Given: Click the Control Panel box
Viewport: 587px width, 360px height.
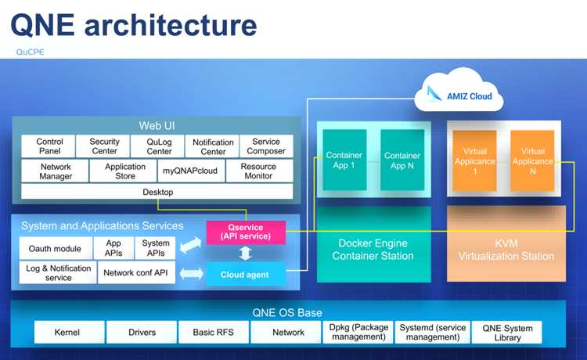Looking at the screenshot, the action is [x=49, y=146].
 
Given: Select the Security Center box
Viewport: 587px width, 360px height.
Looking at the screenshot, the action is [x=103, y=146].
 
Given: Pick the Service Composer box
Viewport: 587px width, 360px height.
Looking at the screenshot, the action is [x=266, y=146].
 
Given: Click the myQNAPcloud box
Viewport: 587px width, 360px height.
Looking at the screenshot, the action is [x=191, y=171].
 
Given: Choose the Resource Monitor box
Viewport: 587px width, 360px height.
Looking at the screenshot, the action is [x=259, y=171].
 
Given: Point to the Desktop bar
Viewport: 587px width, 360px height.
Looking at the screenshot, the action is [x=157, y=192].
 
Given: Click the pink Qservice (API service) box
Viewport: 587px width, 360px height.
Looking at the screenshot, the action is [x=246, y=232].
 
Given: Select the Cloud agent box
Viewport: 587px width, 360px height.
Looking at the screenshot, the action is [x=246, y=274].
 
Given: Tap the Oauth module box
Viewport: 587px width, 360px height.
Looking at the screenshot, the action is [x=56, y=248].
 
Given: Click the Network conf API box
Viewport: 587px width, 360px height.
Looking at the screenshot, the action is [x=136, y=272].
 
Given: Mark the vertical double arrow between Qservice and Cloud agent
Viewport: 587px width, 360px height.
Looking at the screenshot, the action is [x=246, y=253].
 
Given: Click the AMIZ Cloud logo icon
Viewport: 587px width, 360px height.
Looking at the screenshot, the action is [x=434, y=93].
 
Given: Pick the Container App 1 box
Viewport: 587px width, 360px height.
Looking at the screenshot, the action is [x=344, y=160].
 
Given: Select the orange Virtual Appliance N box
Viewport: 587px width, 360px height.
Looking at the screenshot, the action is [x=532, y=160].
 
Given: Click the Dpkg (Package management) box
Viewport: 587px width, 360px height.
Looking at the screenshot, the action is [x=358, y=332].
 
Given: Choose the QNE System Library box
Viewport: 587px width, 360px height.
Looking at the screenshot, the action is [x=506, y=332].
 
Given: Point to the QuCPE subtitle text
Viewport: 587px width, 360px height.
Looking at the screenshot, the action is [x=30, y=52].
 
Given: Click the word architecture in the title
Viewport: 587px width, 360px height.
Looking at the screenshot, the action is [x=171, y=25].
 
